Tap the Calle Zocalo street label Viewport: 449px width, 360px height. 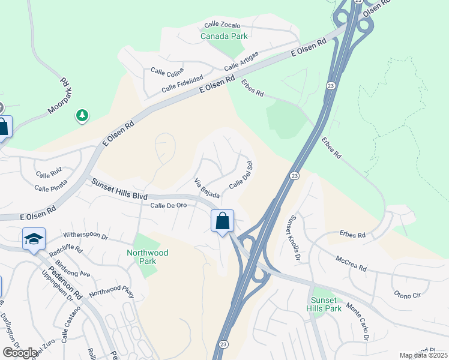click(222, 25)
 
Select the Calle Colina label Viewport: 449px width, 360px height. click(167, 72)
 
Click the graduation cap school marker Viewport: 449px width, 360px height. click(34, 239)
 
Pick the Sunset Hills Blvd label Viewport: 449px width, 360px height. click(119, 189)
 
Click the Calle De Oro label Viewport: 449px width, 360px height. click(169, 205)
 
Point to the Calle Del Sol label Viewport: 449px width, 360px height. click(240, 173)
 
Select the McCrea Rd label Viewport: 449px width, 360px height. click(351, 265)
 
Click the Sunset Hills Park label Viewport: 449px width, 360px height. click(326, 304)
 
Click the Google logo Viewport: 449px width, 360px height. click(20, 353)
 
